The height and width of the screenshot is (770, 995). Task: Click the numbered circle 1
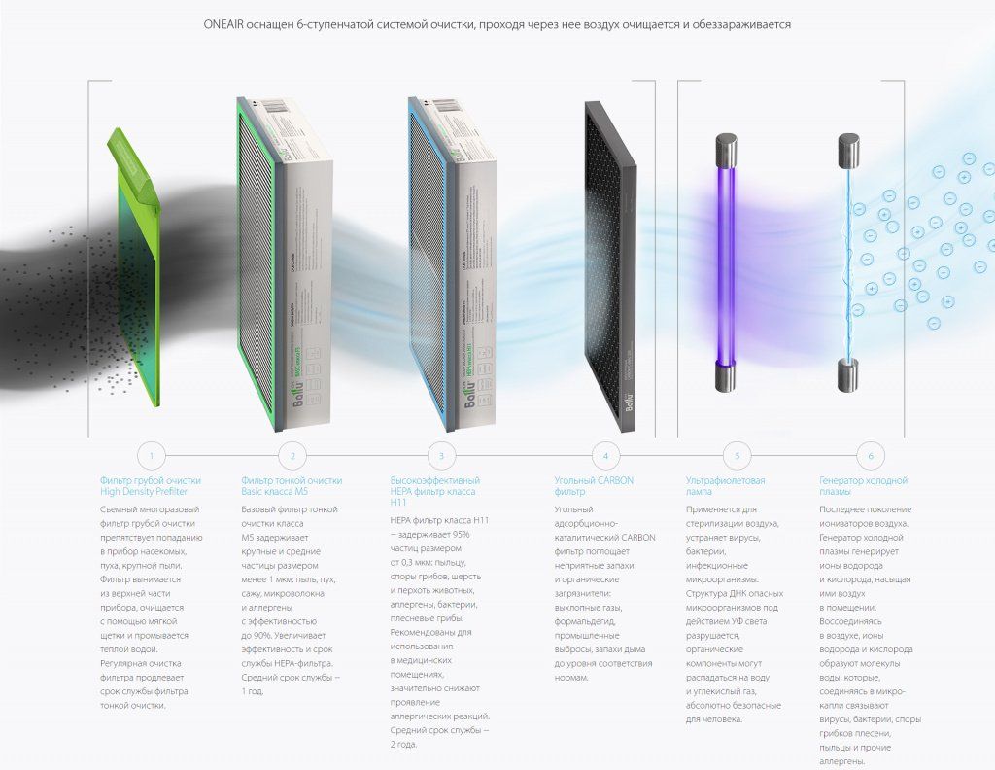click(152, 455)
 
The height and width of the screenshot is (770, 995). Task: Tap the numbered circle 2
click(292, 455)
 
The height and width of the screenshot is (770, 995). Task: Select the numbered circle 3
click(441, 455)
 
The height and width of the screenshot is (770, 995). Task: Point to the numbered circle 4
click(605, 455)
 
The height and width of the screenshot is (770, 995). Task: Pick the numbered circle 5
click(738, 455)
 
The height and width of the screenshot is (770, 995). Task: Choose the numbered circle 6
click(871, 455)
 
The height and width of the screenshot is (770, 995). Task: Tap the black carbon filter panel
click(610, 262)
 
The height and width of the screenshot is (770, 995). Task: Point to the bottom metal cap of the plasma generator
click(847, 375)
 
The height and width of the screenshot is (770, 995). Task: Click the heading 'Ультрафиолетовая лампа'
click(725, 486)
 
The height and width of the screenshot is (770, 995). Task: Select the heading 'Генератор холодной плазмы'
click(863, 486)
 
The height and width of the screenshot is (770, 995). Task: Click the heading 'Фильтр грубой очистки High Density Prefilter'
click(151, 486)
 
